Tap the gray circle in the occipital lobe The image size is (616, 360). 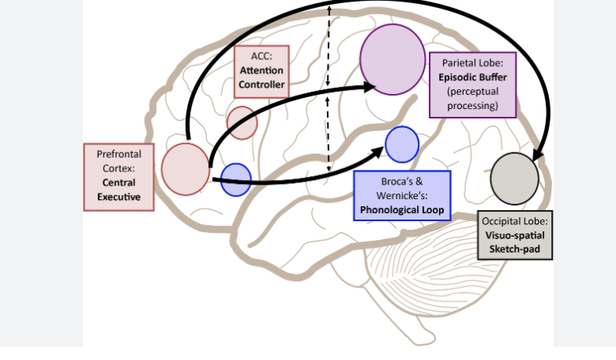pyautogui.click(x=514, y=178)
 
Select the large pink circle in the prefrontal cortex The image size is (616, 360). pyautogui.click(x=186, y=169)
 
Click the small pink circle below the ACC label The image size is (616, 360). pyautogui.click(x=242, y=122)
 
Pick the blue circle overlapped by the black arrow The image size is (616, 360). pyautogui.click(x=235, y=179)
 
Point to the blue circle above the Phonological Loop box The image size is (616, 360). pyautogui.click(x=402, y=144)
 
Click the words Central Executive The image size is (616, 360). pyautogui.click(x=118, y=189)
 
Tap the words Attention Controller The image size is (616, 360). pyautogui.click(x=261, y=77)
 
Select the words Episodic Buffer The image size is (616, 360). pyautogui.click(x=472, y=77)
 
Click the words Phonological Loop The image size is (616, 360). pyautogui.click(x=402, y=210)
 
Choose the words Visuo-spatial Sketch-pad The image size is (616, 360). pyautogui.click(x=515, y=241)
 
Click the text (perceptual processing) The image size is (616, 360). pyautogui.click(x=472, y=98)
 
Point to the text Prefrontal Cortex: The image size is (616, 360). pyautogui.click(x=118, y=162)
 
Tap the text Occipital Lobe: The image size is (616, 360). pyautogui.click(x=515, y=222)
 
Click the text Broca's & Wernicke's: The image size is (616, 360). pyautogui.click(x=402, y=189)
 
